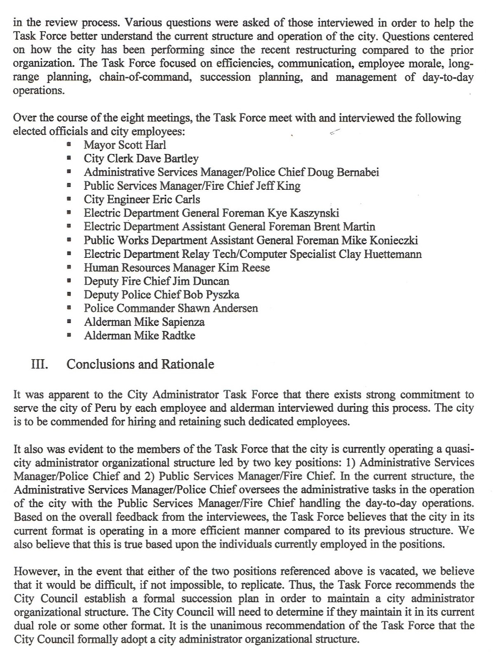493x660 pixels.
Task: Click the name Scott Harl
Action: pyautogui.click(x=142, y=145)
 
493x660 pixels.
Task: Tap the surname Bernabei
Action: pyautogui.click(x=358, y=172)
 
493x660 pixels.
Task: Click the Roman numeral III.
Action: pyautogui.click(x=40, y=365)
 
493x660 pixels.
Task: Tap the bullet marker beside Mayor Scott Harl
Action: pyautogui.click(x=69, y=145)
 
